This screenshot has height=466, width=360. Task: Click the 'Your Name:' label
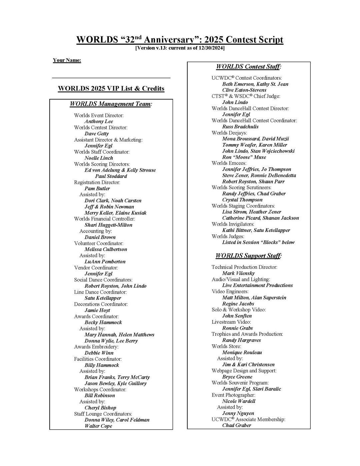click(67, 60)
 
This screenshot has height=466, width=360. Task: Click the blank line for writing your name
click(111, 77)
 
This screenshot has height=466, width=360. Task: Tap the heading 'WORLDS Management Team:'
click(111, 104)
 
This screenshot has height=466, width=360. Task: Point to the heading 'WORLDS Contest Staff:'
click(249, 67)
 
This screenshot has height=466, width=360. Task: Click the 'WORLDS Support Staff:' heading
click(248, 256)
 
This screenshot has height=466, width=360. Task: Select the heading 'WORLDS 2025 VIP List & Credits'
click(111, 88)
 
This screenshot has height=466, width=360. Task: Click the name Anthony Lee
click(99, 121)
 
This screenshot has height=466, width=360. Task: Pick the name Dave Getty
click(97, 134)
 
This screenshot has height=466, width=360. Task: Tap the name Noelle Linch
click(99, 158)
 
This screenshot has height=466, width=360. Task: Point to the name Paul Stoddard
click(111, 176)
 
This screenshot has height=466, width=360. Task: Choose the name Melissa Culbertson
click(106, 249)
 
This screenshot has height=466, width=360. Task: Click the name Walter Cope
click(98, 426)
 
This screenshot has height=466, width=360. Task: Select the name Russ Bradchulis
click(240, 127)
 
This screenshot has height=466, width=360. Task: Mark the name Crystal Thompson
click(242, 200)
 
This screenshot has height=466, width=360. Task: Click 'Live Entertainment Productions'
click(257, 285)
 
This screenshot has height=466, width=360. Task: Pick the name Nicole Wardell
click(239, 401)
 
